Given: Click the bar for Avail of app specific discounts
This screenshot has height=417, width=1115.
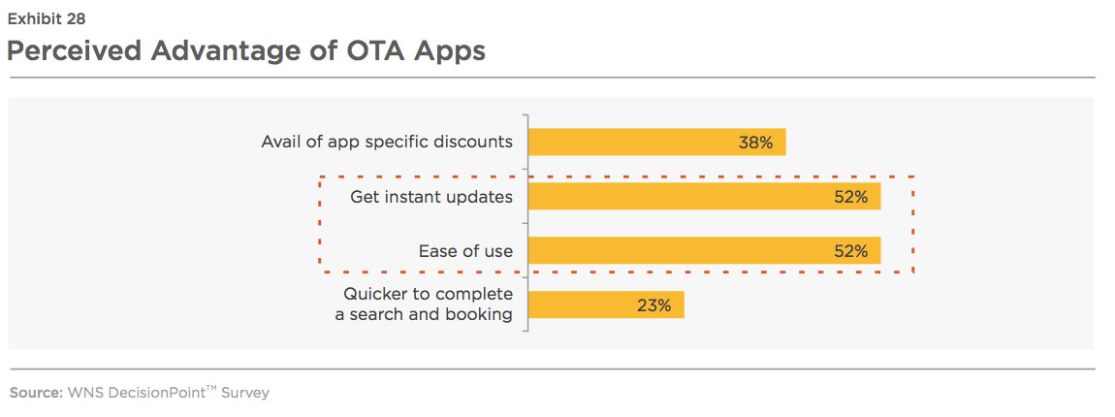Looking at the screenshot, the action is pos(657,142).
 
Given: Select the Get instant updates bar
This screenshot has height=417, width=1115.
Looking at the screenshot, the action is pos(705,197).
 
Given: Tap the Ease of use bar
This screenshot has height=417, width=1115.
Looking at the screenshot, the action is pos(705,250).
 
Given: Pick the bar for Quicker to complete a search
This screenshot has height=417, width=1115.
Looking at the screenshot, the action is pos(606,305).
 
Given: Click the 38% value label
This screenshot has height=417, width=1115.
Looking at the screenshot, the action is pos(755,143).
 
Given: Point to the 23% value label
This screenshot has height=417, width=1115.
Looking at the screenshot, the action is pos(653,305).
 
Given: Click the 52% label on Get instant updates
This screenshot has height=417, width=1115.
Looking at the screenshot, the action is pos(850,197).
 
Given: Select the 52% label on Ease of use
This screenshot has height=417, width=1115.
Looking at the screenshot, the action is pos(850,251).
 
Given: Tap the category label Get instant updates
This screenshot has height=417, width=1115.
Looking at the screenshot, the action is pos(430,197).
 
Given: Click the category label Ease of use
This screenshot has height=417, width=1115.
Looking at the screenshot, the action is pos(465,251).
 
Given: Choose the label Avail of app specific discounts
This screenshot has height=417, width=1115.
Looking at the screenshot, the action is pos(387,143).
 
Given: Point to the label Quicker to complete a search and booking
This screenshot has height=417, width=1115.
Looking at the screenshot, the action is pos(424,305).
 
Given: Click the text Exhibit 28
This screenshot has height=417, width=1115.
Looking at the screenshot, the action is pos(47,19).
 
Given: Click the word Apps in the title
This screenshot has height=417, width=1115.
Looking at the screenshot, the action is pos(453,53).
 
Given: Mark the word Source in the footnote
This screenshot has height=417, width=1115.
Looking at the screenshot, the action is pos(34,393).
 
